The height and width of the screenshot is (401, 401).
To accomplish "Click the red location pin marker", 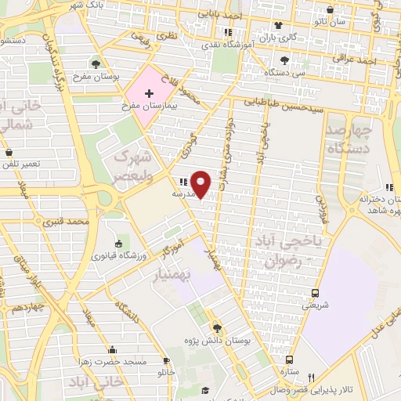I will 200,183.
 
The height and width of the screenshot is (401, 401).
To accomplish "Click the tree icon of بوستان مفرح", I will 96,64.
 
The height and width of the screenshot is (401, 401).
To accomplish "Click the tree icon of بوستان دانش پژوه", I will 217,328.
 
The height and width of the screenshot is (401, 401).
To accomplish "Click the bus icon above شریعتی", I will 316,293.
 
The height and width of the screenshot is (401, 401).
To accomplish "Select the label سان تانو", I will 334,21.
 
